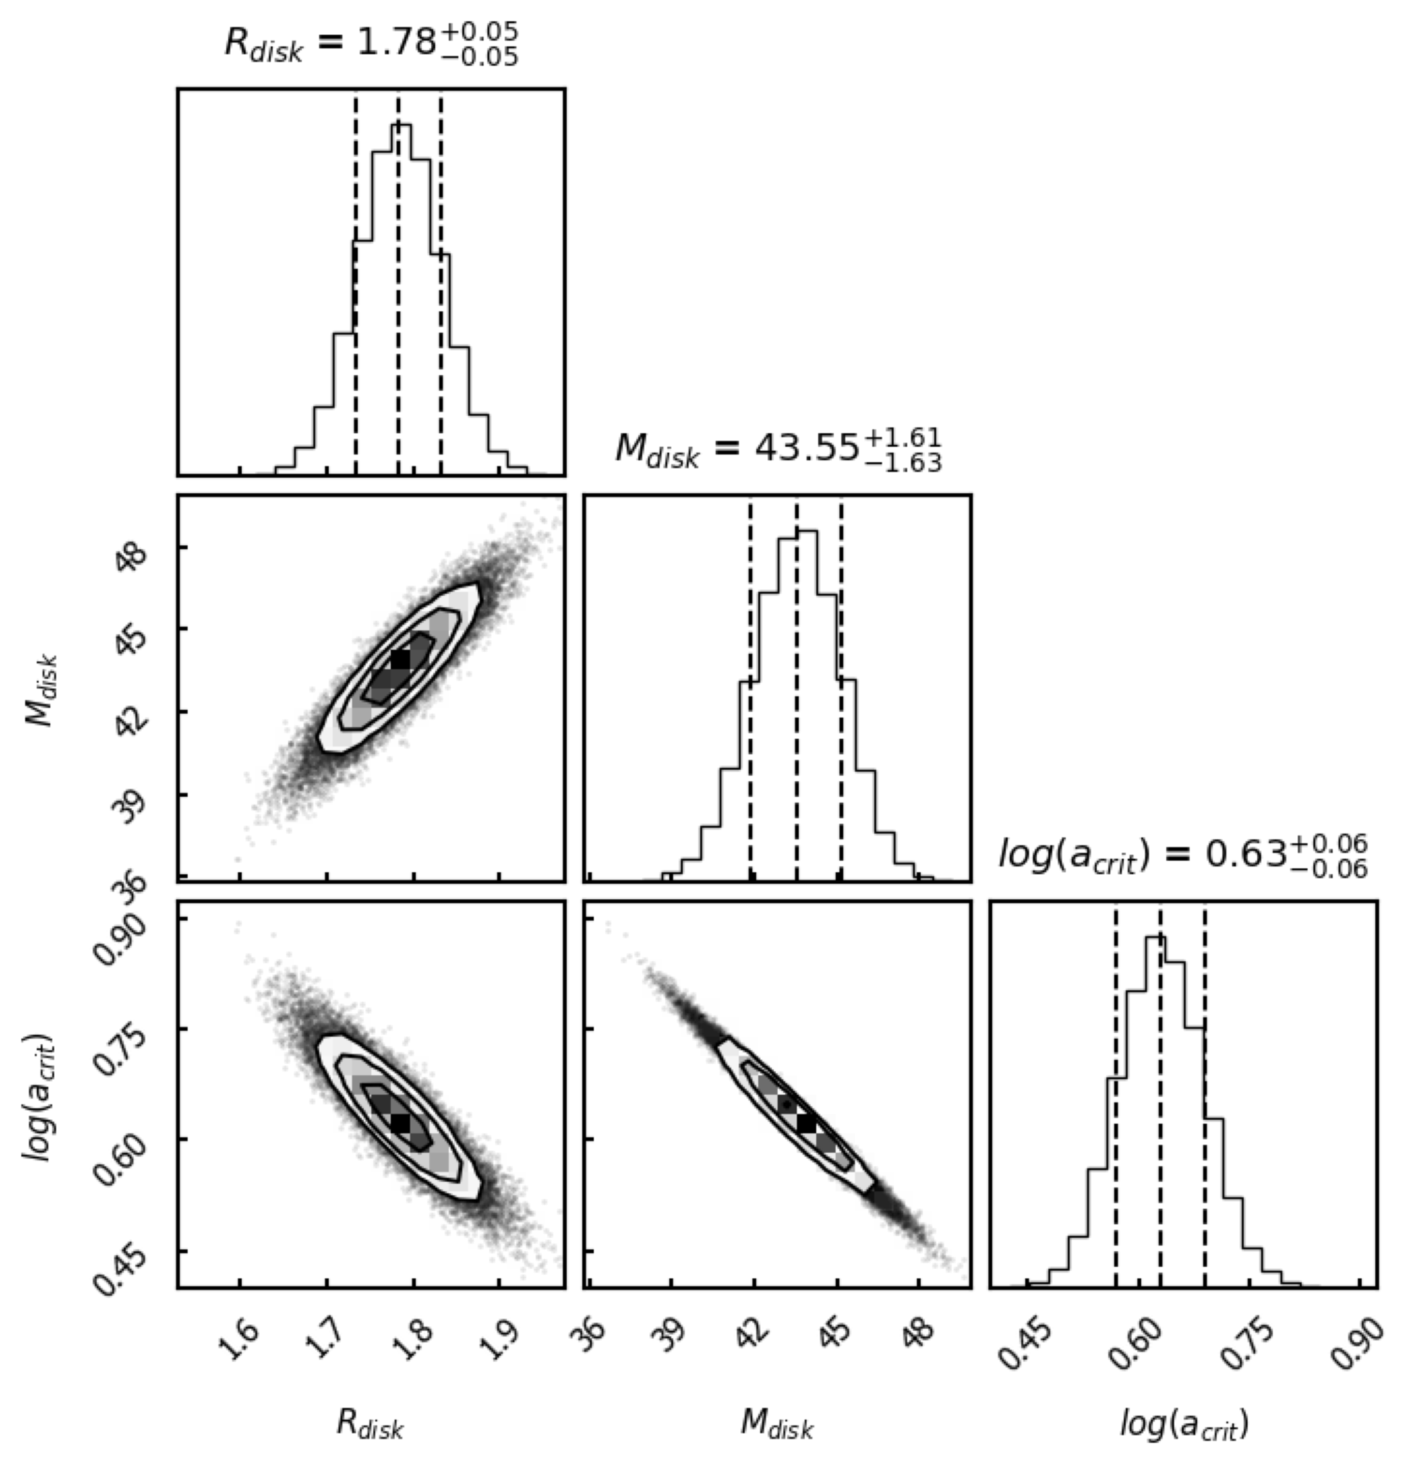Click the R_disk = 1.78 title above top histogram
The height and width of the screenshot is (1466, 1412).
371,44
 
